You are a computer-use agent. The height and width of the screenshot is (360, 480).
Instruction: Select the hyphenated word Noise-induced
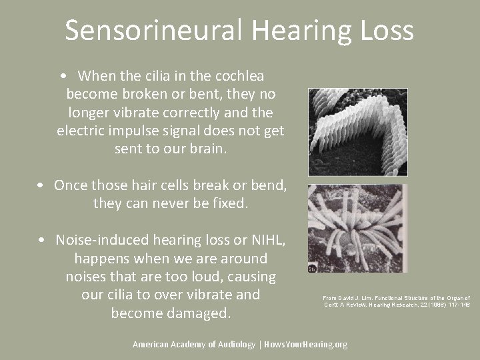(104, 240)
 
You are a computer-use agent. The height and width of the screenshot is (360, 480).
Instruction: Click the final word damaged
(192, 313)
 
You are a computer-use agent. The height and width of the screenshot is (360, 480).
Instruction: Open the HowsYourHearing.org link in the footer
(305, 344)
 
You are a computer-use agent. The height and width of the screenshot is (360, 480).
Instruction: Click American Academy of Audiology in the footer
(193, 344)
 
